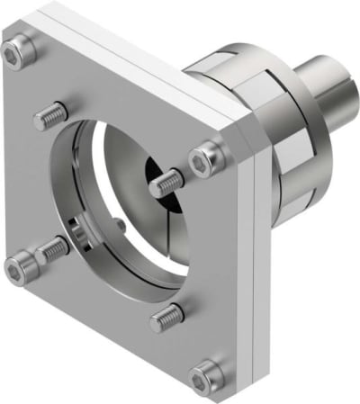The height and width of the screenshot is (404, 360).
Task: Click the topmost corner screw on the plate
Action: click(16, 55)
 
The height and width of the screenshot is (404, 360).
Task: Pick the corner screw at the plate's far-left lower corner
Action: click(20, 265)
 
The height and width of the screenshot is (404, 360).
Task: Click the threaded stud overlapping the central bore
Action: click(167, 184)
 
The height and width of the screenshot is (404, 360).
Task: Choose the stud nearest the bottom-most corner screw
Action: click(166, 315)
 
